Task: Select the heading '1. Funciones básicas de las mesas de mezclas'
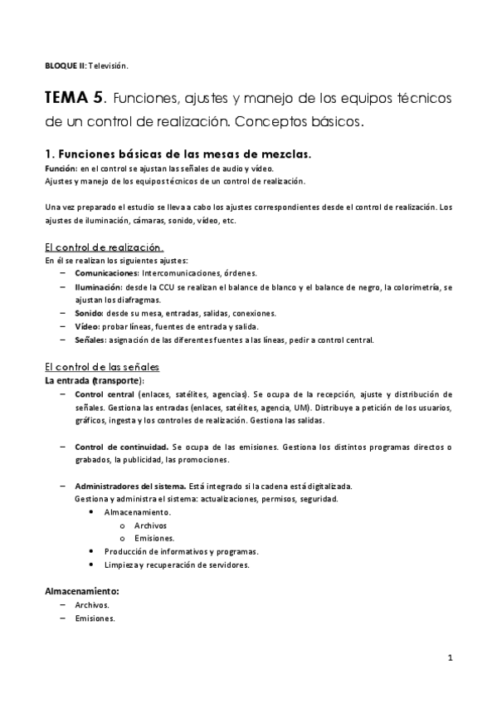tap(178, 154)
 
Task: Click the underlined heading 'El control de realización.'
tap(104, 247)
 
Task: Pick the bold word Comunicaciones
tap(106, 272)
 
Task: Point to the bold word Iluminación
tap(98, 286)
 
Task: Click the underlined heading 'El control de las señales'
tap(101, 366)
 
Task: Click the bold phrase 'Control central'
tap(105, 394)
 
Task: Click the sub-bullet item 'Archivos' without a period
tap(150, 526)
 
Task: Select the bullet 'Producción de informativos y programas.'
tap(181, 551)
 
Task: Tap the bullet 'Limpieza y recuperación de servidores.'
tap(177, 565)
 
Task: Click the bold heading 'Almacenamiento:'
tap(81, 591)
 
